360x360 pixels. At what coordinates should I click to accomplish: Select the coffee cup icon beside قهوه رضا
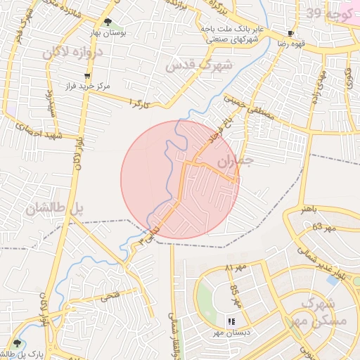pos(292,33)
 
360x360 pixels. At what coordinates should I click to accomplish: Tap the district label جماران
pos(234,162)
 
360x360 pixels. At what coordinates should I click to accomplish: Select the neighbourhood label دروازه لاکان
pos(72,52)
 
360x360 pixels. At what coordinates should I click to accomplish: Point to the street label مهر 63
pos(325,226)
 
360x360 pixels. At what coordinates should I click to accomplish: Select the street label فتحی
pos(110,297)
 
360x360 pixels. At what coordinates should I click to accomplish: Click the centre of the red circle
pos(180,180)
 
